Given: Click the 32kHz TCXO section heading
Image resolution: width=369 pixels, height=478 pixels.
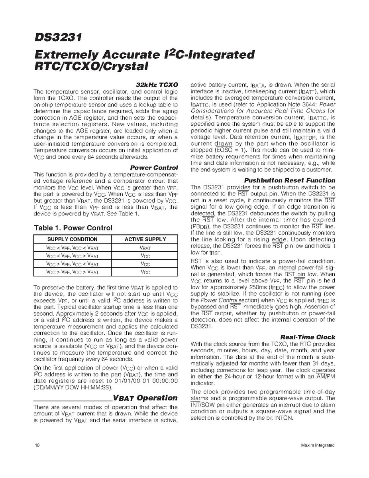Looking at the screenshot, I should coord(157,85).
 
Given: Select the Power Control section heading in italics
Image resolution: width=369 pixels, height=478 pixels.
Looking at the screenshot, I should coord(154,168).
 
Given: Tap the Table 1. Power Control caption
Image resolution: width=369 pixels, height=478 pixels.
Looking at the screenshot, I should coord(73,228).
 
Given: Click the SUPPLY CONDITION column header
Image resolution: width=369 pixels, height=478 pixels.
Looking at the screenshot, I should coord(72,239).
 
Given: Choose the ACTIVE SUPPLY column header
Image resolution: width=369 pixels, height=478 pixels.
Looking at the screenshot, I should coord(145,239).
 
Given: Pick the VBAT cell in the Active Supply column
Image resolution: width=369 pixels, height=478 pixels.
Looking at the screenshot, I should coord(145,248).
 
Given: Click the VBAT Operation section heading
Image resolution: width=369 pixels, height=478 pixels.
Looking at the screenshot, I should coord(145,398).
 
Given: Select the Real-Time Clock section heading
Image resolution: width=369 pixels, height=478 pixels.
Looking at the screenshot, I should coord(308,337).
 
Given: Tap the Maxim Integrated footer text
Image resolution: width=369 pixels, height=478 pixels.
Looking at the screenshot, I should coord(318,445).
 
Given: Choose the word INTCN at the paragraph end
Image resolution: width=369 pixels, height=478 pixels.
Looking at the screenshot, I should coord(284,418).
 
